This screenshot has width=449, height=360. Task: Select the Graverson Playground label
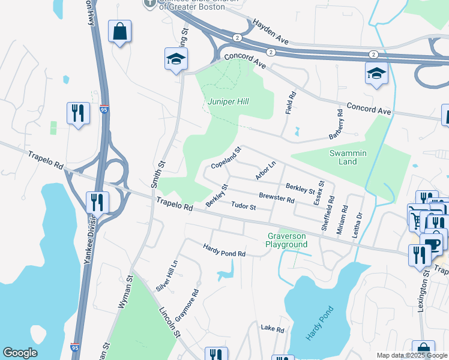point(287,240)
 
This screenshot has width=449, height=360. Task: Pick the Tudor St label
point(244,207)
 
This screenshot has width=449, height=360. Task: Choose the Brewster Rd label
point(276,198)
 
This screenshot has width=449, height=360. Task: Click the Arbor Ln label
point(265,170)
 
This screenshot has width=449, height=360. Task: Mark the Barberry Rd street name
point(336,124)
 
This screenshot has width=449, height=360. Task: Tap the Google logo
point(20,353)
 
